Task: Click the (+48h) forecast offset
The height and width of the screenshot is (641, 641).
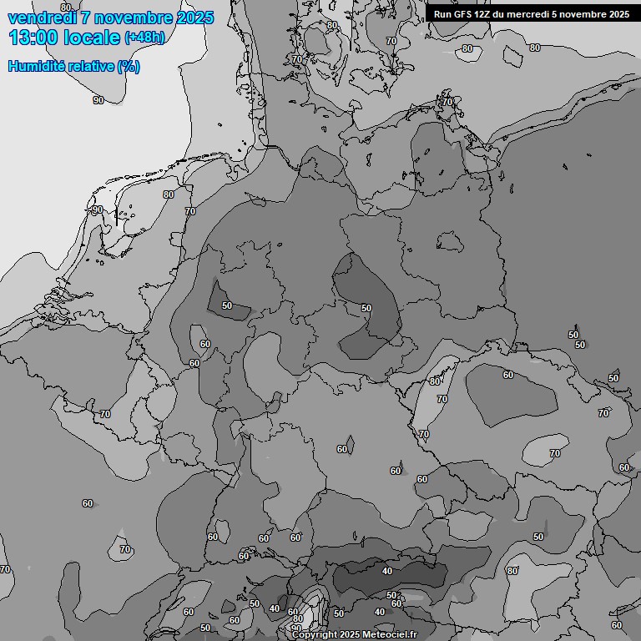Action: click(x=145, y=38)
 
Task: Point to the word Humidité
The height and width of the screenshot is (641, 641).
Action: click(x=35, y=67)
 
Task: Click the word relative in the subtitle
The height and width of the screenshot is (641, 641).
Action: click(x=90, y=67)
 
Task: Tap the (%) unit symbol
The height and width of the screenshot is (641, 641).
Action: click(x=129, y=67)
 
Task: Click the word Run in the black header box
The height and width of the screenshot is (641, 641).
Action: click(x=443, y=14)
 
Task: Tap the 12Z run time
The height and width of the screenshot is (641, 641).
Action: click(x=487, y=14)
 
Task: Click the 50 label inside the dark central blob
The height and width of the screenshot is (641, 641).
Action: click(x=366, y=308)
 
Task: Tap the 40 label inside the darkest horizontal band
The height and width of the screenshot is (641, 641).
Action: click(x=386, y=571)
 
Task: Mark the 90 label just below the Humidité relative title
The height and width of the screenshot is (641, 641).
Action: click(x=98, y=100)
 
